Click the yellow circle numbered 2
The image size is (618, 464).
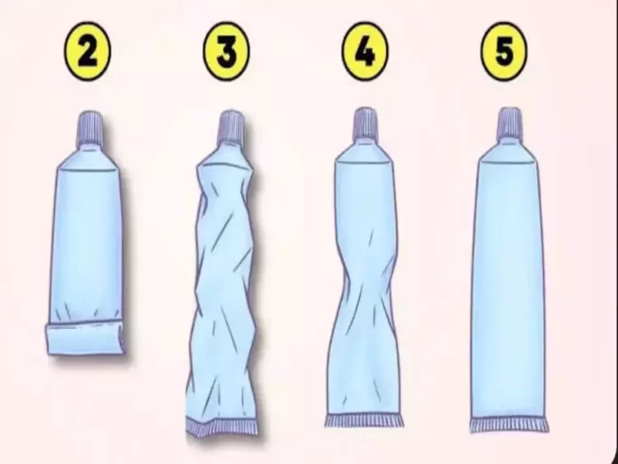(x=87, y=52)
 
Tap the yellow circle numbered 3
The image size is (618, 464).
(x=226, y=52)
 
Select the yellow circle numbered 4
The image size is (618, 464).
(x=365, y=52)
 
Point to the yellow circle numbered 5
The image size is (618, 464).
(x=504, y=52)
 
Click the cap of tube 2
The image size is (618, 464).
(x=91, y=127)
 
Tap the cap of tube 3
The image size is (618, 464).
(x=231, y=126)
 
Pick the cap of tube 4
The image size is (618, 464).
(x=365, y=123)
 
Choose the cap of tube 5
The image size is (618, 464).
(x=510, y=123)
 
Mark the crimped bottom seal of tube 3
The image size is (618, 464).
(x=222, y=428)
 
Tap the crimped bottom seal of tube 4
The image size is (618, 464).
(x=364, y=420)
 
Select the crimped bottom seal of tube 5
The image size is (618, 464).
(x=509, y=425)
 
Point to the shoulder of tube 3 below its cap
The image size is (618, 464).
(x=226, y=154)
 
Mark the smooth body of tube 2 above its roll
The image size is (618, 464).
(x=87, y=241)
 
